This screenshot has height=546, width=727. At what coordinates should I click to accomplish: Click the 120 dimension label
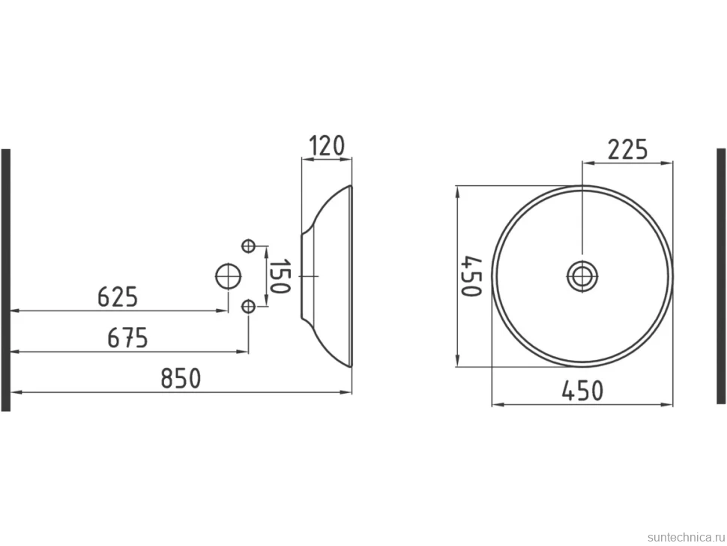pos(327,145)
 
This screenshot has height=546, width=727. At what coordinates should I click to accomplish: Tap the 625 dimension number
pos(118,297)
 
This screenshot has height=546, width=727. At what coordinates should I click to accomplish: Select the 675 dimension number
pos(127,337)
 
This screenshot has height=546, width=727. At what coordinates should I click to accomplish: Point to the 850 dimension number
pos(181,378)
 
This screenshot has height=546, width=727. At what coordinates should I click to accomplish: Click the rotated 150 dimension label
pos(280,277)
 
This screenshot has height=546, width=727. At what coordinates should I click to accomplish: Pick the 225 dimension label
pos(627,150)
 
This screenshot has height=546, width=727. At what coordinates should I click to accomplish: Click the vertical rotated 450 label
pos(472,276)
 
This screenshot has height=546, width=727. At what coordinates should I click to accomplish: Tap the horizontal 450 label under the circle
pos(583,391)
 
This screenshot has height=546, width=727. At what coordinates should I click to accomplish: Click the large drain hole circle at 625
pos(228,277)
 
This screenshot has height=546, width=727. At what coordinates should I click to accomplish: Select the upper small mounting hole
pos(249,245)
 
